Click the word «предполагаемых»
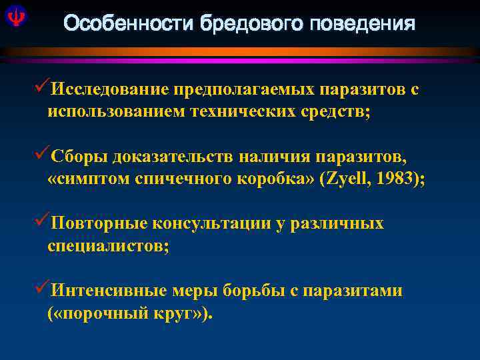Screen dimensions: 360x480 point(244,90)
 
